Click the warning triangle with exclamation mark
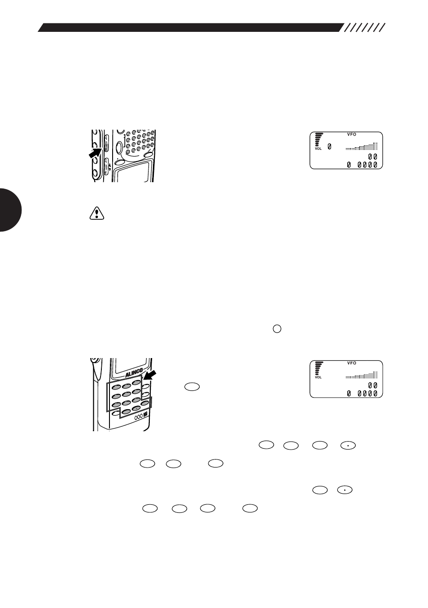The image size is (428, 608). tap(97, 213)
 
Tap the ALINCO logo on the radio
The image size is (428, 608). tap(134, 374)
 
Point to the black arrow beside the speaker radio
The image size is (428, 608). tap(95, 153)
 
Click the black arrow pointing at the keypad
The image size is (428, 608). tap(150, 376)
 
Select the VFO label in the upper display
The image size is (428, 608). tap(351, 134)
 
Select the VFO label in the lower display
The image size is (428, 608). tap(351, 363)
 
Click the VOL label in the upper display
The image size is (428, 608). tap(318, 149)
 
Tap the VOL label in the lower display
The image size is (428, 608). tap(318, 377)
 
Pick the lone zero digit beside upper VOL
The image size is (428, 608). tap(329, 147)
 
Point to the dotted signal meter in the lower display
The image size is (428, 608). tap(362, 375)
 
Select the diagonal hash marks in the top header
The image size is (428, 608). tap(364, 28)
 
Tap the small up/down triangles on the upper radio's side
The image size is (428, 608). tap(109, 167)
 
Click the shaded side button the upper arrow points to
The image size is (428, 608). tap(106, 147)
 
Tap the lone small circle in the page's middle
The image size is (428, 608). tap(277, 329)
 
